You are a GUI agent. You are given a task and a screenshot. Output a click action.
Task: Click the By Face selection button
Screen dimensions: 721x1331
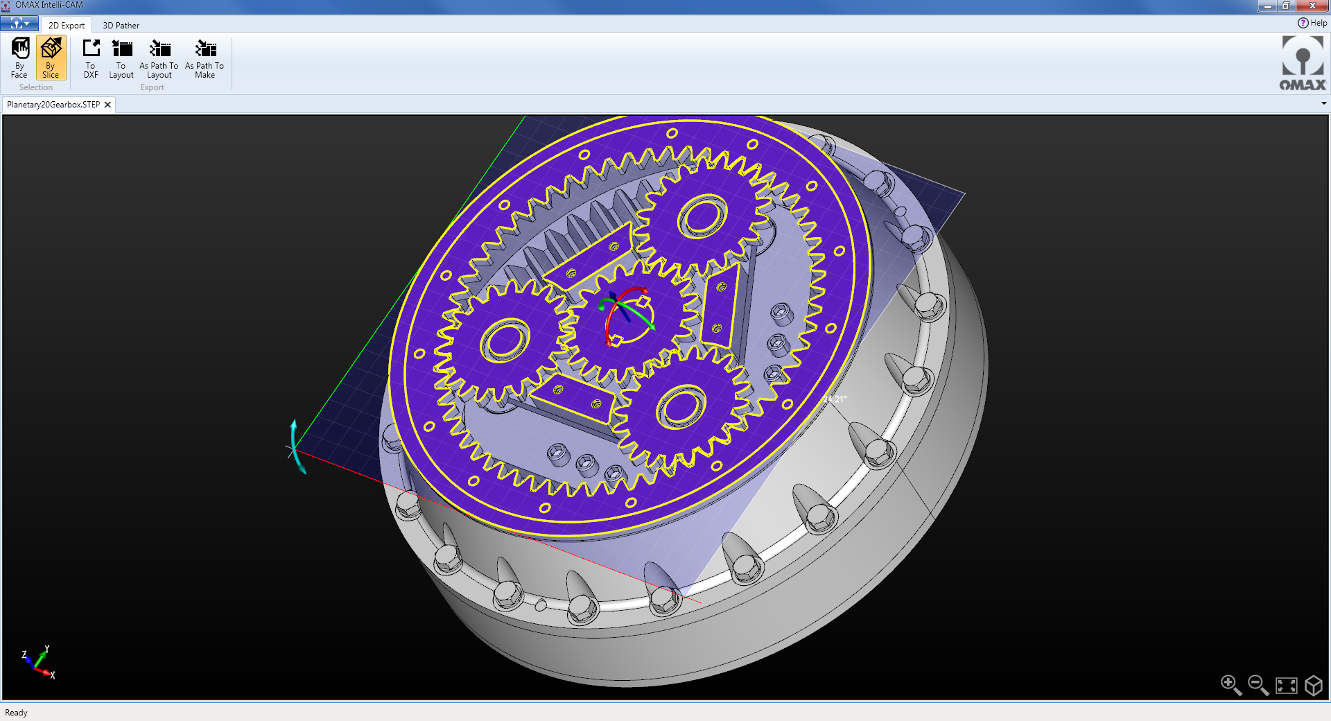pyautogui.click(x=19, y=58)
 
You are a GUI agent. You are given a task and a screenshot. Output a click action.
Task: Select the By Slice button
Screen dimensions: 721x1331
pyautogui.click(x=51, y=58)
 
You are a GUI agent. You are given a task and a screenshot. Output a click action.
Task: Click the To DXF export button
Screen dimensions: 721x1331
pyautogui.click(x=91, y=58)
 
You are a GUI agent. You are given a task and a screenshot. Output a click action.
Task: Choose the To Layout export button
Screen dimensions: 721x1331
pyautogui.click(x=121, y=58)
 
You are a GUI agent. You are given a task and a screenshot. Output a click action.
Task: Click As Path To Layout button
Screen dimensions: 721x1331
pyautogui.click(x=159, y=58)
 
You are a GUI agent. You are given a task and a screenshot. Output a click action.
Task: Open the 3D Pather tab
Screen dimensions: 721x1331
pyautogui.click(x=121, y=26)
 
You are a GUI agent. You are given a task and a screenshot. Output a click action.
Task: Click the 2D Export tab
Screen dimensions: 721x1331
pyautogui.click(x=67, y=26)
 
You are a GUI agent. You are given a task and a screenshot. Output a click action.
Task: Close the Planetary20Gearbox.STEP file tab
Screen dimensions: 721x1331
pyautogui.click(x=107, y=105)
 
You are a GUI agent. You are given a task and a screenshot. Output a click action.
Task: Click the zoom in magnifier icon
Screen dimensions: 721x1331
pyautogui.click(x=1230, y=685)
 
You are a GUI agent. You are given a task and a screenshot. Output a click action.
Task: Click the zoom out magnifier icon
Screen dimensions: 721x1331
pyautogui.click(x=1258, y=685)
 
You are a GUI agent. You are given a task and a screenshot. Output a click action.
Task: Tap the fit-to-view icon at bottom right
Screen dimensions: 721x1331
pyautogui.click(x=1286, y=686)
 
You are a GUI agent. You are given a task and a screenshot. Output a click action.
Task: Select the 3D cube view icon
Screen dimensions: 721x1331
pyautogui.click(x=1314, y=686)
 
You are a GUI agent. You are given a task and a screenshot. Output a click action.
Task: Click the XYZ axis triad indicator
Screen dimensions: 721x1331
pyautogui.click(x=38, y=662)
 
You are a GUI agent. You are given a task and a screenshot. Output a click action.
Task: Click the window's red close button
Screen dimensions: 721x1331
pyautogui.click(x=1312, y=6)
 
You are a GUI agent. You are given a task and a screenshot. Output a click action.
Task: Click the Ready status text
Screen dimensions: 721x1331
pyautogui.click(x=16, y=713)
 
